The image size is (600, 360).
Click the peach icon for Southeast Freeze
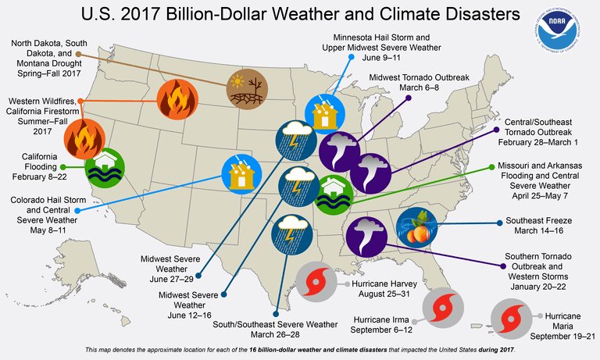(x=416, y=227)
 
